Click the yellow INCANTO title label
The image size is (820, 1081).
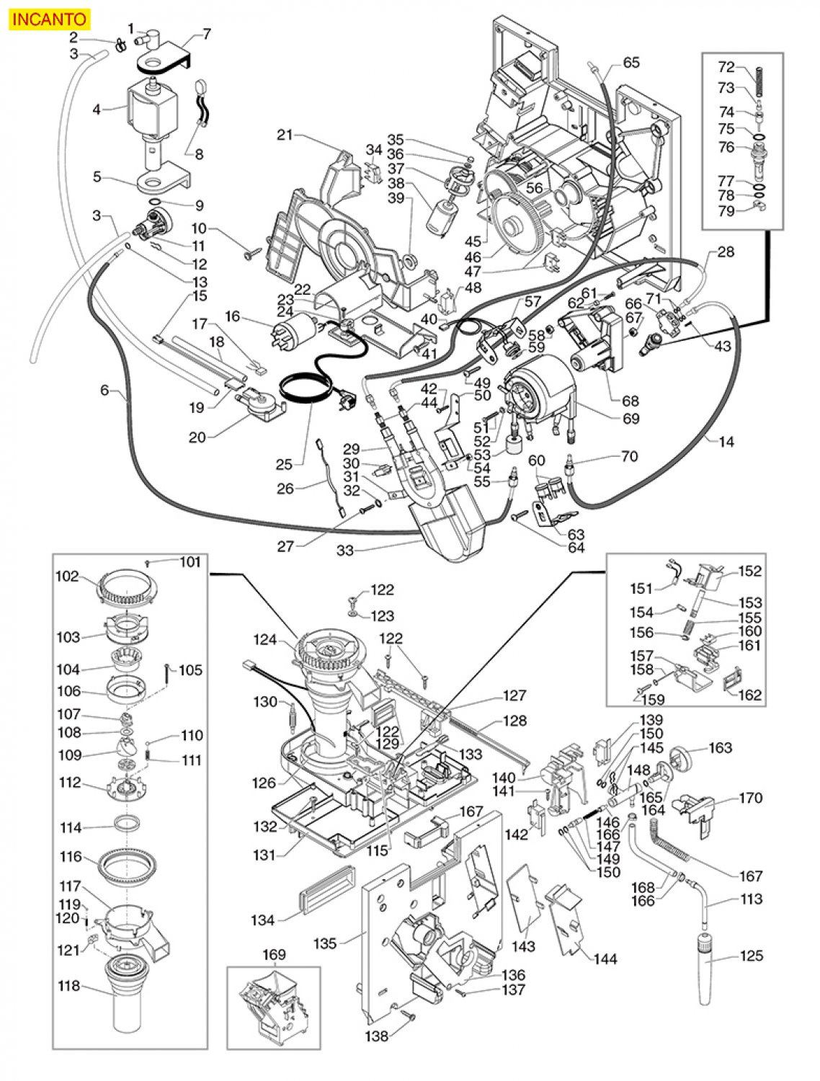(48, 19)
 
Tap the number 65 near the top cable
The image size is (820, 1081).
(631, 62)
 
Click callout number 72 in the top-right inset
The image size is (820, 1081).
(726, 68)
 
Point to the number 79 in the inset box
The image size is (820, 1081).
(726, 211)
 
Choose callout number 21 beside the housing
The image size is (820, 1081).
(286, 134)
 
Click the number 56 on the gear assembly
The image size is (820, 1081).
(534, 187)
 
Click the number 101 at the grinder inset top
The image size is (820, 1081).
(190, 562)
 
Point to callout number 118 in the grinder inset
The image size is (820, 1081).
(70, 987)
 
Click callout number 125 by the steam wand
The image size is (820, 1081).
(751, 956)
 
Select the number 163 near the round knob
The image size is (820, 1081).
(721, 747)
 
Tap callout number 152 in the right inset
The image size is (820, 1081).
(750, 571)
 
